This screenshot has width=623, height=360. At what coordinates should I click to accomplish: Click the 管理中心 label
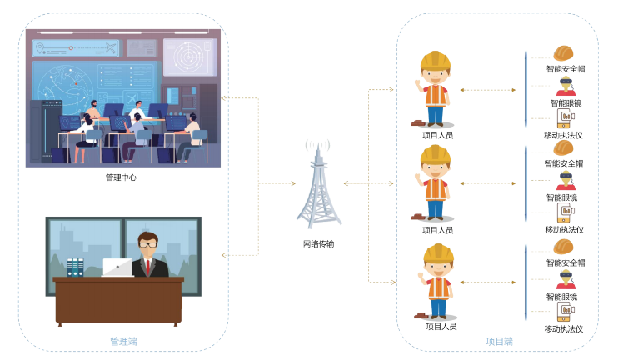(x=121, y=177)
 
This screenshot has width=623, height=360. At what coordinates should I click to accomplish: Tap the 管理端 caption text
(x=123, y=341)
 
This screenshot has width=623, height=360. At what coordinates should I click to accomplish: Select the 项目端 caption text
(x=499, y=341)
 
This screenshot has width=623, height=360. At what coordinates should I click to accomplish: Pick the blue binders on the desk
(x=76, y=267)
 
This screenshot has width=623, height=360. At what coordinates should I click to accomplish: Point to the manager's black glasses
(x=148, y=244)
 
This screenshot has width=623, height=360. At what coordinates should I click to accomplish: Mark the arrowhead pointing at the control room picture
(x=222, y=97)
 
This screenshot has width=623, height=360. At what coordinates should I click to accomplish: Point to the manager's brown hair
(x=148, y=236)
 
